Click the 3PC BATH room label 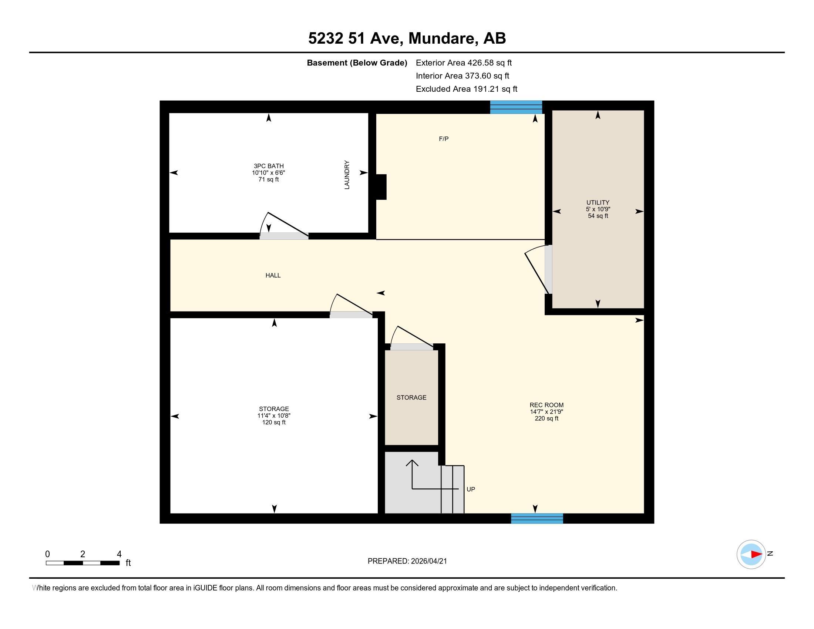pyautogui.click(x=268, y=166)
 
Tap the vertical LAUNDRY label pyautogui.click(x=347, y=175)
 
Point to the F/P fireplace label pyautogui.click(x=444, y=139)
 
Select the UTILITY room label pyautogui.click(x=598, y=203)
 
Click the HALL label pyautogui.click(x=273, y=275)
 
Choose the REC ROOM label pyautogui.click(x=546, y=405)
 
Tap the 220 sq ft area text pyautogui.click(x=546, y=418)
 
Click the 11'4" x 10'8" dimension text pyautogui.click(x=274, y=416)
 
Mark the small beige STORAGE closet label pyautogui.click(x=411, y=398)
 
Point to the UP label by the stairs pyautogui.click(x=471, y=489)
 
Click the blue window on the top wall pyautogui.click(x=516, y=107)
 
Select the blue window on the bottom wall pyautogui.click(x=537, y=518)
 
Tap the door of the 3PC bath pyautogui.click(x=284, y=226)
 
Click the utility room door pyautogui.click(x=539, y=269)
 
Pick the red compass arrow pyautogui.click(x=756, y=555)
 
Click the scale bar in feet pyautogui.click(x=83, y=563)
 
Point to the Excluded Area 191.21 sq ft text pyautogui.click(x=467, y=89)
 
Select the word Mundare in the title pyautogui.click(x=443, y=38)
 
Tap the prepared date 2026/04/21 pyautogui.click(x=429, y=561)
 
